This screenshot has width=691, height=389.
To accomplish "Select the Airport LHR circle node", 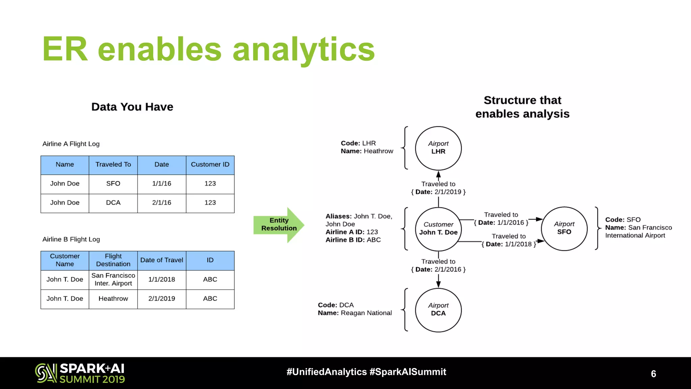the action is click(438, 148).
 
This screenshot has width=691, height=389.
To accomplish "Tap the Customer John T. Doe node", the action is click(438, 229).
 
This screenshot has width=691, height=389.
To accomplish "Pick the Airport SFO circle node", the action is click(564, 228).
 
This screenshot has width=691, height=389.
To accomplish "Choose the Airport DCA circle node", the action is click(438, 310).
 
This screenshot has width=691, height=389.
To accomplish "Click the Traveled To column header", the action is click(113, 165).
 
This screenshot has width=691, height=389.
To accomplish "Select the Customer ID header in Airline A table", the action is click(210, 165).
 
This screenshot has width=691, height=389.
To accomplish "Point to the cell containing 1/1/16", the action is click(162, 184).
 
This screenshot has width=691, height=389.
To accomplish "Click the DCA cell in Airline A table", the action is click(113, 203).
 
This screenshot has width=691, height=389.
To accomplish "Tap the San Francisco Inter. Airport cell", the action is click(113, 280).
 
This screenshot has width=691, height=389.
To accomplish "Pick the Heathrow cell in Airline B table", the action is click(113, 299).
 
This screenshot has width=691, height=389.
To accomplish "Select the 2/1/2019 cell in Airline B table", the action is click(162, 299).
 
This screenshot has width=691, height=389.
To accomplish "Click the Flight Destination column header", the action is click(113, 260).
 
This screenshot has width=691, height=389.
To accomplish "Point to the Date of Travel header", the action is click(162, 260).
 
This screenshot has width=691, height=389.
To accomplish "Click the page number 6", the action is click(653, 374).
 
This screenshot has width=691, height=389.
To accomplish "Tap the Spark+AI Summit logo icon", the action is click(46, 373).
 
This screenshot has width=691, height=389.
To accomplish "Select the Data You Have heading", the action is click(132, 107).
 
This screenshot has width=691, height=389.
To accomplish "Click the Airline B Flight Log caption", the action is click(71, 239).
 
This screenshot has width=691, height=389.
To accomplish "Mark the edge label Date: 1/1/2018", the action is click(509, 244).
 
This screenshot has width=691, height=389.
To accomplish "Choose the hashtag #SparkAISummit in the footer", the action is click(408, 372).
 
